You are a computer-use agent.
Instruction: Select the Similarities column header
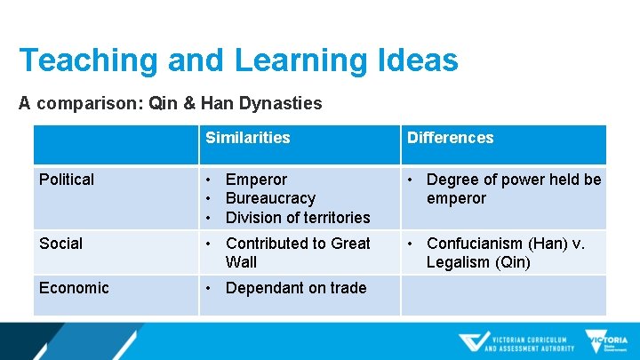coord(247,138)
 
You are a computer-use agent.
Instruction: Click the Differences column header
coord(450,138)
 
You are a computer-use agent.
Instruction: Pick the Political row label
coord(67,180)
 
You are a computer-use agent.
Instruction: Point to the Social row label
coord(60,243)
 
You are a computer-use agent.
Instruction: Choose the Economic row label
coord(74,287)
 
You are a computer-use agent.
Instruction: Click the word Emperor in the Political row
coord(256,180)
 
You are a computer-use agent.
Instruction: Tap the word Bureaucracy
coord(270,198)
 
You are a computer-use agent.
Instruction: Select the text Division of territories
coord(298,217)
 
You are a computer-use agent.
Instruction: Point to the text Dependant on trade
coord(296,287)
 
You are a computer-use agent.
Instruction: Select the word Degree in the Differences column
coord(452,180)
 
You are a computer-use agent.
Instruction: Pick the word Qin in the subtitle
coord(164,103)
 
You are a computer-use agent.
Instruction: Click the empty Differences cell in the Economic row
coord(503,295)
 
